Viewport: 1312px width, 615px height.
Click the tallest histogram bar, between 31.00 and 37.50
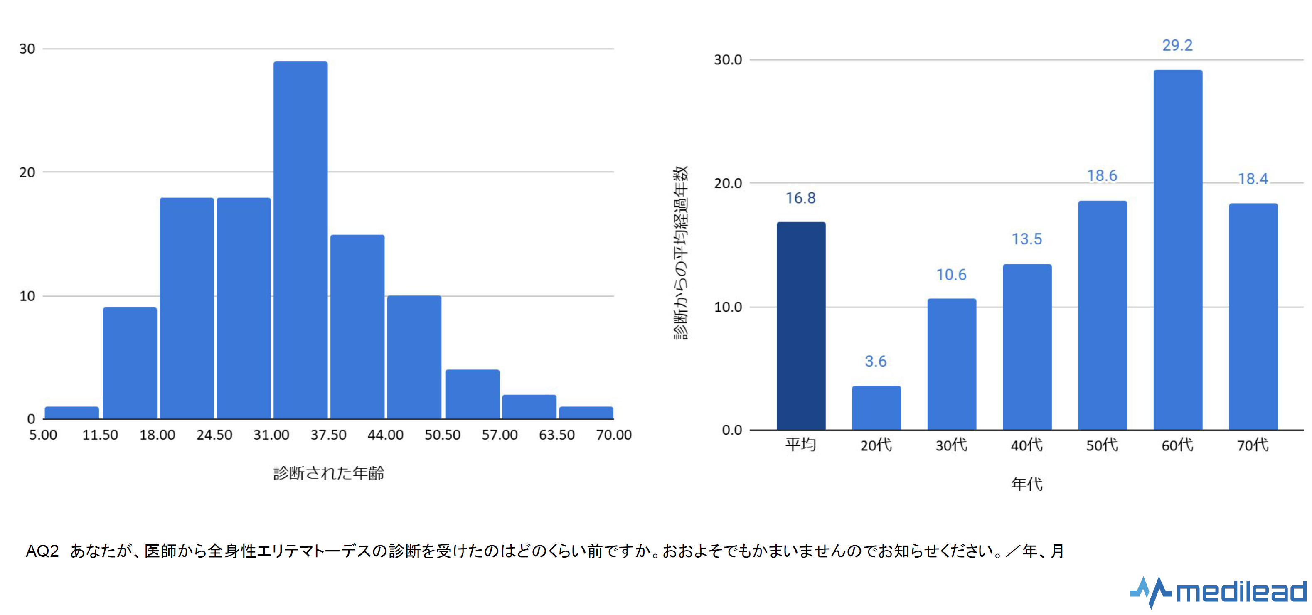click(300, 240)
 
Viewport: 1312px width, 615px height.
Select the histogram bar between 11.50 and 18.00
click(130, 363)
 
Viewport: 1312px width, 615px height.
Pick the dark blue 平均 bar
click(801, 326)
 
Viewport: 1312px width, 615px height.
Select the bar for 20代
click(876, 408)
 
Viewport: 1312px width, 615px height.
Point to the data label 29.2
click(1177, 45)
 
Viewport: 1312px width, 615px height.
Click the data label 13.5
click(1027, 239)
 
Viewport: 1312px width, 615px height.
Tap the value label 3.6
click(876, 361)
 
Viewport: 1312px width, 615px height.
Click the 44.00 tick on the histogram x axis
click(386, 435)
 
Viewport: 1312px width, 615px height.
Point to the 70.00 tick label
click(614, 435)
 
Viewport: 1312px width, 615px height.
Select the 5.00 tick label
click(43, 435)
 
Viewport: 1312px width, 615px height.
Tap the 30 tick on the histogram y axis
click(27, 49)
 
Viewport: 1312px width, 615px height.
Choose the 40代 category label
click(1027, 445)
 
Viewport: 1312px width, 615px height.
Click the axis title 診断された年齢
click(328, 473)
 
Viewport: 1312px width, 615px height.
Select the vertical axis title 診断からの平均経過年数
click(680, 253)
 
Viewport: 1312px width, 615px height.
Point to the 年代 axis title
click(1027, 484)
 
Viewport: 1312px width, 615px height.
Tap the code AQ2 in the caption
click(42, 551)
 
